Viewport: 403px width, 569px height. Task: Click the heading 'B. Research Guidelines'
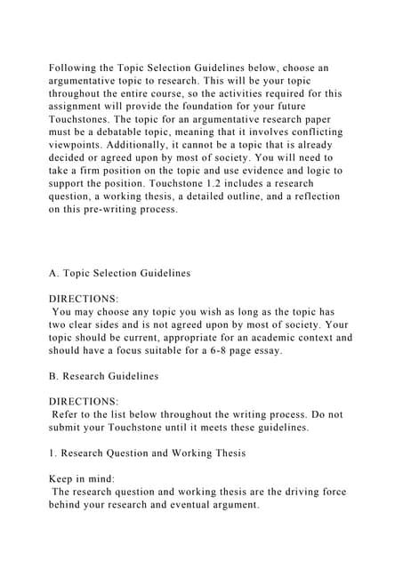pyautogui.click(x=103, y=376)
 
